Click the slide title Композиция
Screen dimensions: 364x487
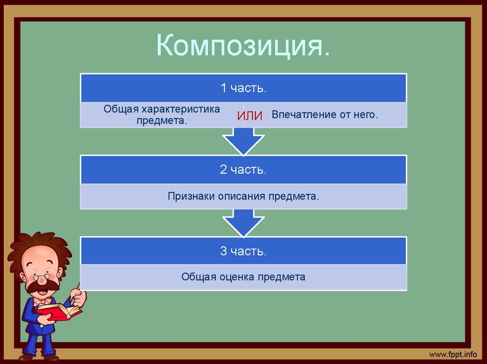point(243,47)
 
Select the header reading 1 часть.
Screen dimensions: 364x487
point(243,88)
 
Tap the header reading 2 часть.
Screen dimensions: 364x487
point(243,169)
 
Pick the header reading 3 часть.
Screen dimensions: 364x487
point(243,251)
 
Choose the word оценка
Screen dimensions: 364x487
point(236,277)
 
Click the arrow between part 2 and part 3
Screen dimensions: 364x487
point(243,223)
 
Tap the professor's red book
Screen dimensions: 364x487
point(59,311)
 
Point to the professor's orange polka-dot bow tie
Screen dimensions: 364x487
point(42,301)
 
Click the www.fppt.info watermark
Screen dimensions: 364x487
point(452,354)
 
